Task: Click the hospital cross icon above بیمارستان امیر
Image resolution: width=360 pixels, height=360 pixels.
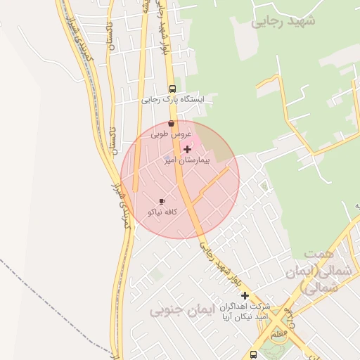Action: coord(187,149)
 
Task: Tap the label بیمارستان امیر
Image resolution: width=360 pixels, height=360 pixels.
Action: coord(179,160)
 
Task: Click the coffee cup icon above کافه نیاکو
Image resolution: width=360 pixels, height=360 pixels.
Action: coord(162,201)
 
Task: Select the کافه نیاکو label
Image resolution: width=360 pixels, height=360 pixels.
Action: coord(162,211)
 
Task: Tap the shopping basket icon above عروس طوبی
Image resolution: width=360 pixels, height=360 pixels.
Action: coord(172,123)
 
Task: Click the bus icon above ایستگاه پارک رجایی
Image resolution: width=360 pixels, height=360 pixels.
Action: coord(172,89)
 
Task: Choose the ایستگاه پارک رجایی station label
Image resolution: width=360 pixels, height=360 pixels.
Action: coord(172,100)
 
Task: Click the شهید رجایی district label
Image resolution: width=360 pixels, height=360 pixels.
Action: coord(283,21)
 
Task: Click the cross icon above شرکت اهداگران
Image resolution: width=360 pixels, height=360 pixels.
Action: coord(245,295)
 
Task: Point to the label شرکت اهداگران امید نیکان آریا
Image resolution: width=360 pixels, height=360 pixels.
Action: coord(244,314)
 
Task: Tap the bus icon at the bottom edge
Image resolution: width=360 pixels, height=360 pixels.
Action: coord(253,355)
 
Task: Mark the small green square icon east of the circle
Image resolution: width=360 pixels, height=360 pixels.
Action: coord(264,186)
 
